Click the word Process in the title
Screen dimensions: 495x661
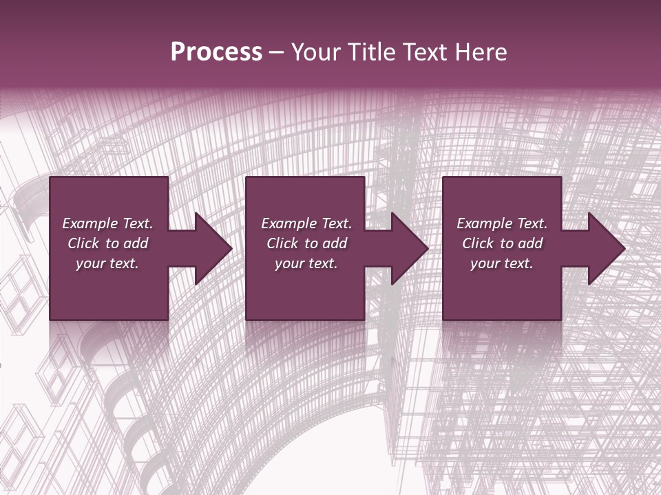tap(216, 52)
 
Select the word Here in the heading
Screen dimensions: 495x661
tap(481, 52)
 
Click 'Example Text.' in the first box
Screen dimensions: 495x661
tap(107, 223)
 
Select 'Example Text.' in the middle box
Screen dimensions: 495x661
tap(306, 223)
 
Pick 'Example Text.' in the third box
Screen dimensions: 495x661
tap(502, 223)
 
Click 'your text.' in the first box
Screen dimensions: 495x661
tap(107, 263)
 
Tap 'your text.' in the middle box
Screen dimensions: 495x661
tap(306, 263)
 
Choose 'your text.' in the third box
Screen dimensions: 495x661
tap(502, 263)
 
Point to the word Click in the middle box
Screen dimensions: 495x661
tap(282, 243)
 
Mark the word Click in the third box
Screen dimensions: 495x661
tap(478, 243)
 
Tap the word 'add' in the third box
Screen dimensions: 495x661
tap(530, 243)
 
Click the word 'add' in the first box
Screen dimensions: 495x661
tap(136, 243)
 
